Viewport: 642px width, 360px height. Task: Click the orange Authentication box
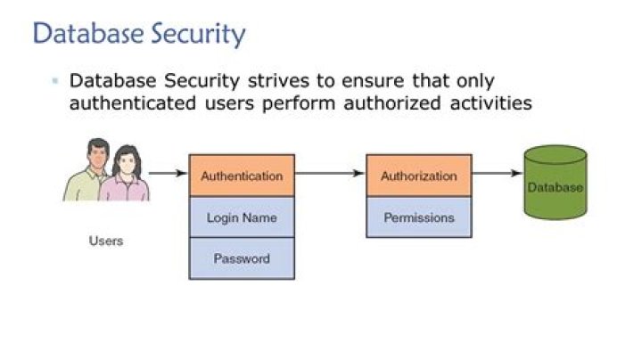coord(242,176)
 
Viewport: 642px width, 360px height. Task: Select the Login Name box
coord(242,217)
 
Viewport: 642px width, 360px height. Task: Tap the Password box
coord(242,258)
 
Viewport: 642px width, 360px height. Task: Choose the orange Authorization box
coord(419,176)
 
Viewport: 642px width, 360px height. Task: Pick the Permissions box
coord(419,217)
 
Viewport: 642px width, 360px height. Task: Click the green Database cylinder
coord(556,183)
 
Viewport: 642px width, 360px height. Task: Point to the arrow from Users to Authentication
coord(168,173)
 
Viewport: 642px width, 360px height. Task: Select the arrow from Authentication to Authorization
coord(330,173)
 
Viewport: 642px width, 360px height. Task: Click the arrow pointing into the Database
coord(498,173)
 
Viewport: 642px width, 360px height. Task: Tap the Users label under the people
coord(106,241)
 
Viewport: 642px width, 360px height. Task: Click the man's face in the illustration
coord(98,156)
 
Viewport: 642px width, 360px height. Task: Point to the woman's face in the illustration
coord(127,163)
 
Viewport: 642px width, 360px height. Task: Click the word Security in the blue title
coord(198,34)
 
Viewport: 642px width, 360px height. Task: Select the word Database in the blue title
coord(89,33)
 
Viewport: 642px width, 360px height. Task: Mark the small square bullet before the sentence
coord(55,80)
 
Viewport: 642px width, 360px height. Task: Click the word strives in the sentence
coord(278,80)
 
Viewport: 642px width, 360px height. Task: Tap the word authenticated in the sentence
coord(133,102)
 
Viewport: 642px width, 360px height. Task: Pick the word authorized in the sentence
coord(391,102)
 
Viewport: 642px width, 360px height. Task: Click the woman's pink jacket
coord(125,188)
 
